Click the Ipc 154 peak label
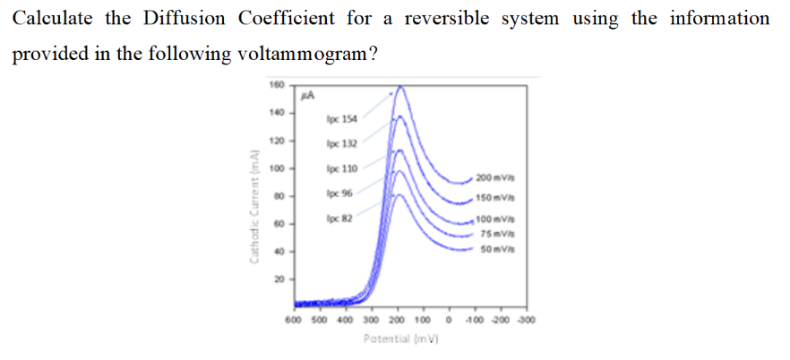[x=342, y=117]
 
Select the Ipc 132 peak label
[x=342, y=142]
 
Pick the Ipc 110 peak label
[x=342, y=168]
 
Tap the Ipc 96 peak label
[x=340, y=193]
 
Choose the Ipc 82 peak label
[x=340, y=217]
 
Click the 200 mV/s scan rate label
[x=494, y=177]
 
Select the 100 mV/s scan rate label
[x=494, y=220]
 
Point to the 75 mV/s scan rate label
[x=495, y=236]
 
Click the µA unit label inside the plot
[x=306, y=93]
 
